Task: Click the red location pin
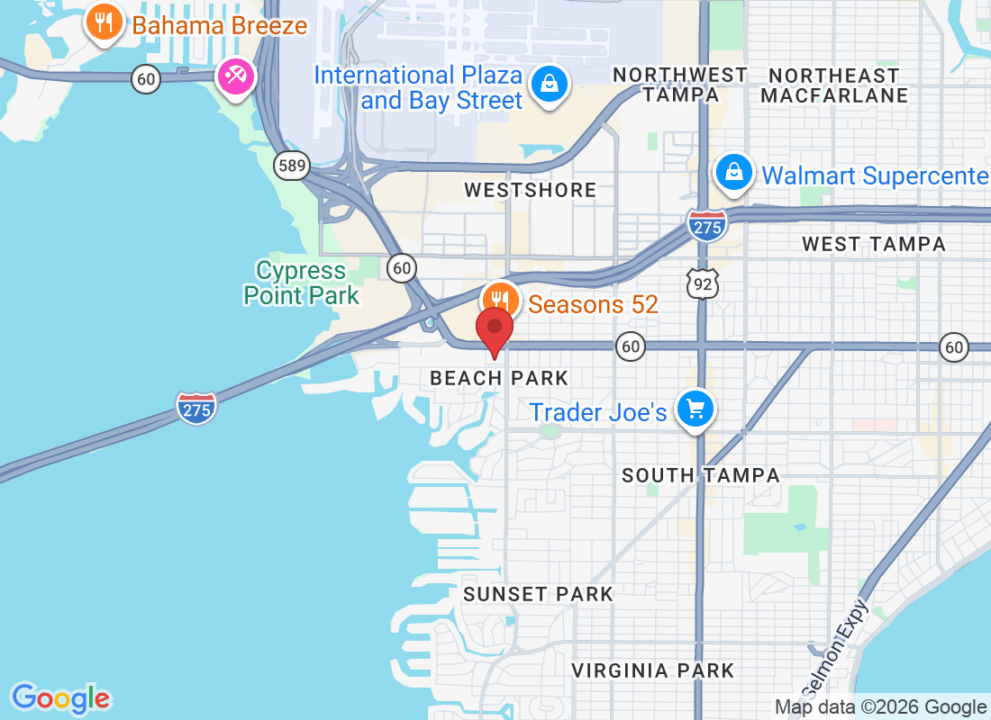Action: [494, 329]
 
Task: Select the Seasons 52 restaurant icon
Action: [499, 301]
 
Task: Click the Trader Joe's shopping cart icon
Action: [695, 409]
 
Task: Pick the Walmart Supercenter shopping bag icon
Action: [734, 171]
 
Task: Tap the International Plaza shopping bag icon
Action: [547, 85]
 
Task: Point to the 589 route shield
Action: [291, 165]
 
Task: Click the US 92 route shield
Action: [701, 283]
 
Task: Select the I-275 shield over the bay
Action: [196, 408]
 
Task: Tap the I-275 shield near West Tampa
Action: [707, 225]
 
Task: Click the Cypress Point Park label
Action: [301, 283]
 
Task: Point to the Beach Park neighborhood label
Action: [499, 379]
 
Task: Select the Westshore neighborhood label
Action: [530, 190]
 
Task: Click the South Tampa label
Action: [700, 475]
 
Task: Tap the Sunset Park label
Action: [538, 594]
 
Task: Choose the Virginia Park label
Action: [653, 670]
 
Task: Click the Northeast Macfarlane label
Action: [834, 85]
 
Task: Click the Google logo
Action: [60, 698]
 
